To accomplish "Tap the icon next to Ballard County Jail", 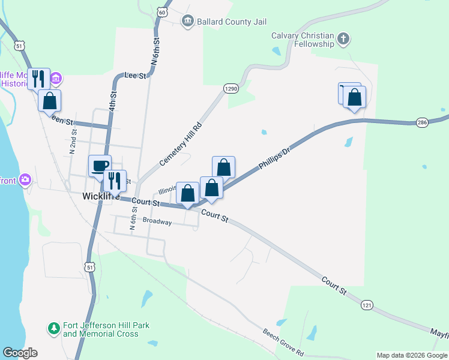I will [x=188, y=22].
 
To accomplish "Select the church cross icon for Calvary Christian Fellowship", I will [x=343, y=40].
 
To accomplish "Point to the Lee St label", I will [x=135, y=76].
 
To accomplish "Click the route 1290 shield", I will [x=232, y=88].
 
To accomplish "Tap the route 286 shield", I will [x=423, y=122].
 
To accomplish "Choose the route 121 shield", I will [x=367, y=305].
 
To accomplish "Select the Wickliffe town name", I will [x=101, y=196].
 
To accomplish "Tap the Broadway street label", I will [x=157, y=222].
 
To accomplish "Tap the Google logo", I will [x=20, y=353].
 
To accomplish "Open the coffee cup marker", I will [x=100, y=166].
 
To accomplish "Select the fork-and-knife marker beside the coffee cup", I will [x=115, y=180].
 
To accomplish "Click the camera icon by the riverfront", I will [x=25, y=179].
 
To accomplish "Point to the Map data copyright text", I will [x=411, y=355].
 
